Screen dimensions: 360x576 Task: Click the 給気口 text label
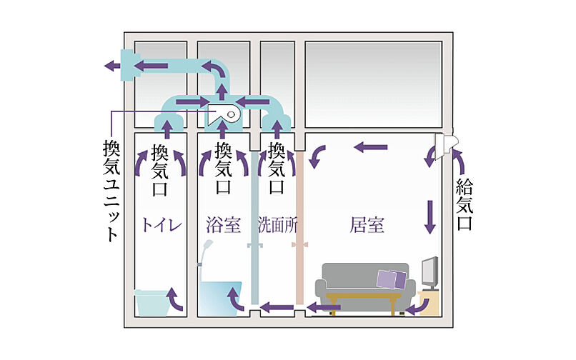point(465,204)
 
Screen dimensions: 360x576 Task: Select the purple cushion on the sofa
point(392,277)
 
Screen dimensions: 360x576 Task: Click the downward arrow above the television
point(430,216)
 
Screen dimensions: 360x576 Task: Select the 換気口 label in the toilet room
point(160,169)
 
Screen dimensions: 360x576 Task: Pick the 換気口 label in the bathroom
point(223,169)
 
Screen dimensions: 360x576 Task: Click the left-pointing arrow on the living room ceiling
point(372,148)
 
